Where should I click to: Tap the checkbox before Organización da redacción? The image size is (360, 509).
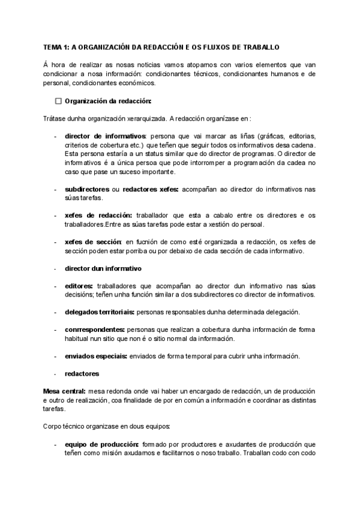coord(58,101)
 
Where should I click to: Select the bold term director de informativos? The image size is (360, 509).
coord(105,136)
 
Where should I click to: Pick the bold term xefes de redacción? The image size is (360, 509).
coord(98,215)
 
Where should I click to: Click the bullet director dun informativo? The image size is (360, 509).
coord(103,268)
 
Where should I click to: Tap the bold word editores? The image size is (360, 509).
coord(79,286)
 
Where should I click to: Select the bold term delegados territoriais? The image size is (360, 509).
coord(100,312)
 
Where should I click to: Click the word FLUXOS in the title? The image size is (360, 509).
coord(223,47)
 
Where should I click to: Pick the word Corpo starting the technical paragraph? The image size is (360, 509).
coord(53,426)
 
